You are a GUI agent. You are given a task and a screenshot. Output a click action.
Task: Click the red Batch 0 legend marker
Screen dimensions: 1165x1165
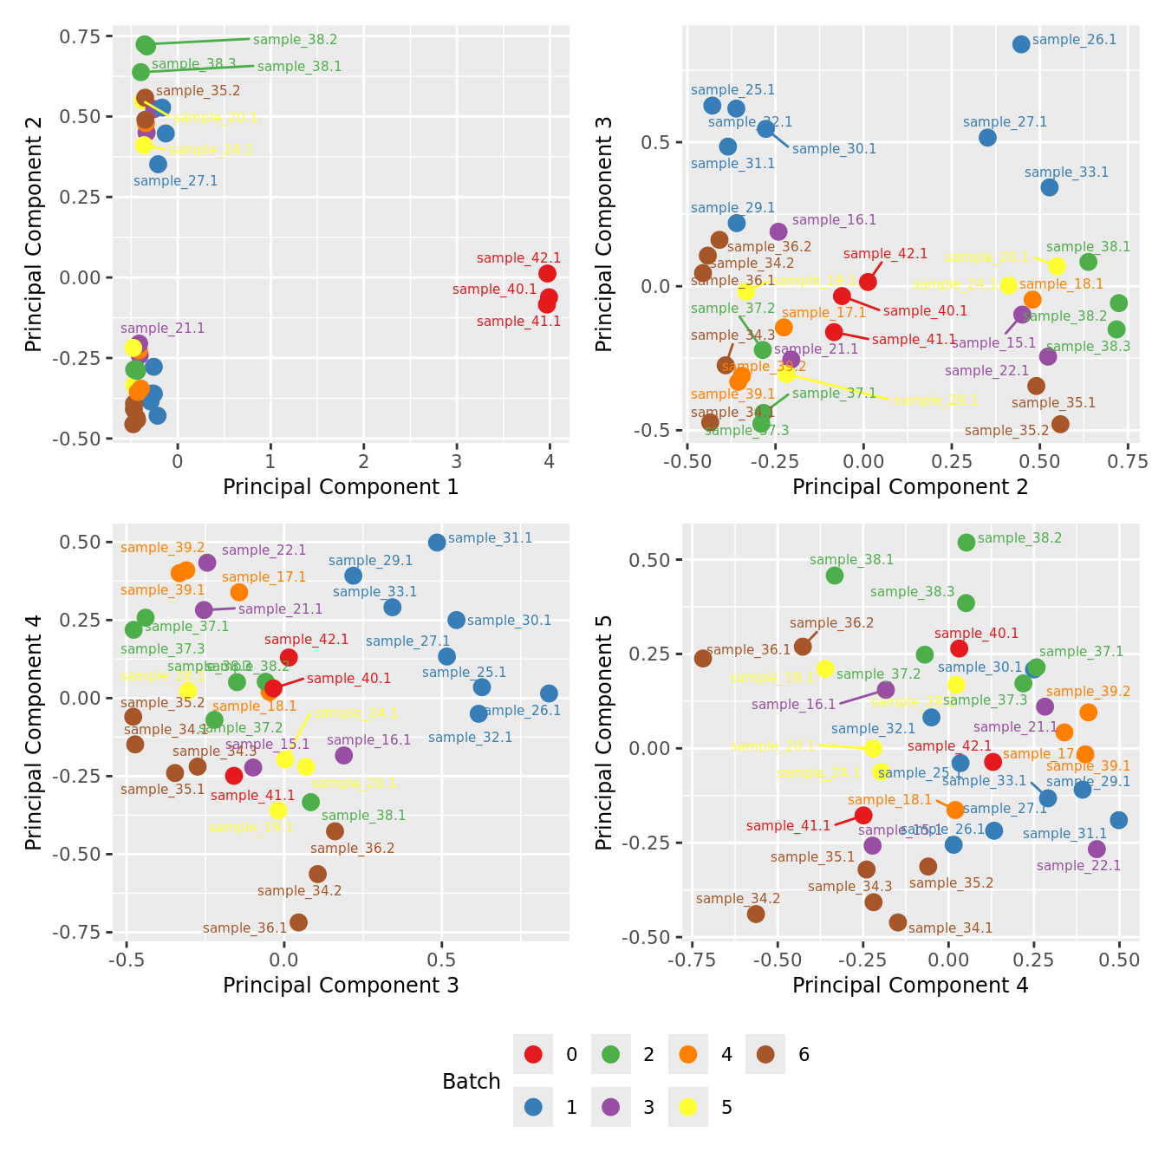(x=533, y=1054)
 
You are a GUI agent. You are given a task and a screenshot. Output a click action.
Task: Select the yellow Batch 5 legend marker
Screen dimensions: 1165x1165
(x=688, y=1107)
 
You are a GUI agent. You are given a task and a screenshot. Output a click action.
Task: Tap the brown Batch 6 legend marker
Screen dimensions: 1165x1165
(x=765, y=1054)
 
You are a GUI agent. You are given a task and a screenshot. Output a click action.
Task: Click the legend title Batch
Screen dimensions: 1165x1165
(x=472, y=1082)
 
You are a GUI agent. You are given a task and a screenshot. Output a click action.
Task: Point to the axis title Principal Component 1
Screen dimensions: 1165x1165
(x=341, y=487)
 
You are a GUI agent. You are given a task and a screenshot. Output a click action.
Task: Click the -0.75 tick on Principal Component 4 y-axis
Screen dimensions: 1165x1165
(x=78, y=933)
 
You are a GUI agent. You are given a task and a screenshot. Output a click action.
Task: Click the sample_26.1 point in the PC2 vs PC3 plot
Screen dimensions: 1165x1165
(x=1021, y=44)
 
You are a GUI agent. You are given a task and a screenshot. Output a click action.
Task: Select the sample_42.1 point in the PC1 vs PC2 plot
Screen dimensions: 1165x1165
(x=547, y=274)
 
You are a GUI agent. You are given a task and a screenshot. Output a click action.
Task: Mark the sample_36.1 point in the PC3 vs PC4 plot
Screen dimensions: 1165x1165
(x=298, y=922)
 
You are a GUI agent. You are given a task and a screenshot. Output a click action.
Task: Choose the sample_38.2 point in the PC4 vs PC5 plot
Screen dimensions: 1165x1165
(x=966, y=543)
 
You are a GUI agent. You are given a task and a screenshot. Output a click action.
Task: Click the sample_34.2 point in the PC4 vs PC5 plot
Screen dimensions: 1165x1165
(x=756, y=914)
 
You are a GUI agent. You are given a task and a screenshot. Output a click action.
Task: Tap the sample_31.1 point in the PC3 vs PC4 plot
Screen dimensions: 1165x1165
(x=437, y=543)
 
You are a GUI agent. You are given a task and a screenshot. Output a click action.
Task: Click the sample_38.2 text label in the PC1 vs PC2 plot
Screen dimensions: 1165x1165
(x=295, y=40)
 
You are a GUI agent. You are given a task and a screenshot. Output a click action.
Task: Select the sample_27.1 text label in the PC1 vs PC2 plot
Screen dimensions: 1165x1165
(x=176, y=181)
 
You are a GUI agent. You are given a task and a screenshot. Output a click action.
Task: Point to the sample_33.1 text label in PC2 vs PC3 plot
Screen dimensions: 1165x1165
(x=1066, y=172)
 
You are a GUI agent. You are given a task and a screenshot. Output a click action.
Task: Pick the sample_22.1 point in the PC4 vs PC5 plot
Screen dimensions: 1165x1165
(x=1097, y=849)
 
